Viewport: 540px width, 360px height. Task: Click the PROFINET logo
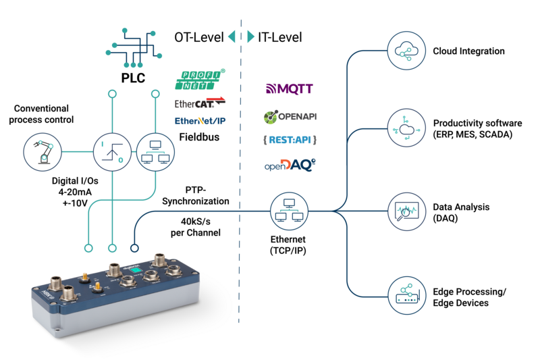pyautogui.click(x=200, y=79)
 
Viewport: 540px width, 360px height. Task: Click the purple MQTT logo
pyautogui.click(x=290, y=88)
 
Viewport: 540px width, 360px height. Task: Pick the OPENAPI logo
pyautogui.click(x=290, y=117)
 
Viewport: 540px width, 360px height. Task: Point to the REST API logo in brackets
pyautogui.click(x=290, y=140)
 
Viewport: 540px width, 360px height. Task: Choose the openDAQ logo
pyautogui.click(x=290, y=165)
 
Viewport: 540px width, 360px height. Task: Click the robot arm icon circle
pyautogui.click(x=43, y=152)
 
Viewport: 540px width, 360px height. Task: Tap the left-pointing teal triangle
pyautogui.click(x=232, y=36)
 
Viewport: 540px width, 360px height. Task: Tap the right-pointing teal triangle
pyautogui.click(x=251, y=36)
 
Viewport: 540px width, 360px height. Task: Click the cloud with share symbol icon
pyautogui.click(x=407, y=50)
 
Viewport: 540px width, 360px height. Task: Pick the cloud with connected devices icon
pyautogui.click(x=407, y=128)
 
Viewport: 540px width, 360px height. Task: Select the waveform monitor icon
pyautogui.click(x=407, y=211)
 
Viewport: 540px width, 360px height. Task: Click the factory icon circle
pyautogui.click(x=407, y=295)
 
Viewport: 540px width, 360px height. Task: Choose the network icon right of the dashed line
pyautogui.click(x=290, y=211)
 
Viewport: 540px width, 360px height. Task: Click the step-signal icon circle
pyautogui.click(x=112, y=152)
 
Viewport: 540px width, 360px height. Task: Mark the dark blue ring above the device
pyautogui.click(x=135, y=248)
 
